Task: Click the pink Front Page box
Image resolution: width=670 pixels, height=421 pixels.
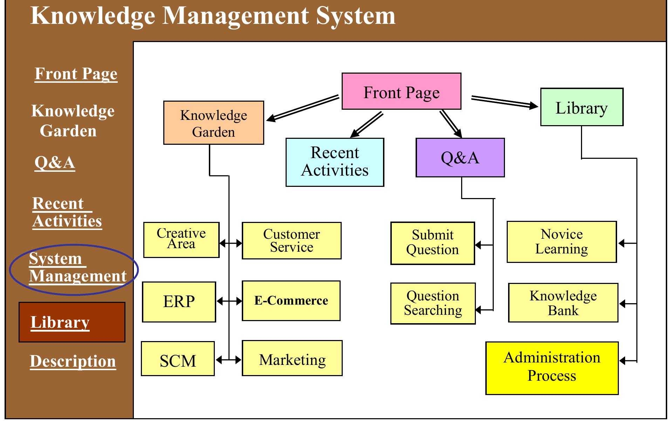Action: coord(401,91)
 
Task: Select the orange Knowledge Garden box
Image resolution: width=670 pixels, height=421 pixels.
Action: coord(213,123)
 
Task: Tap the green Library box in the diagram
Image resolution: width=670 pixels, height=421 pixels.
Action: coord(582,107)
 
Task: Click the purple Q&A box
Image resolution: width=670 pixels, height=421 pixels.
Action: coord(460,158)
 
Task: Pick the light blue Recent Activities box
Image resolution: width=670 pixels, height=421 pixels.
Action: coord(335,162)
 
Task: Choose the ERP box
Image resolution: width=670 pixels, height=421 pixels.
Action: coord(179,302)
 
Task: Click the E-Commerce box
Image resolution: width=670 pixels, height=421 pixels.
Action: coord(291,301)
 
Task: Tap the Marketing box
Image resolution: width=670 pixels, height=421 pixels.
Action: coord(292,358)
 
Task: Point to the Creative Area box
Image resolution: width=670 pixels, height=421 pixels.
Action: coord(181,240)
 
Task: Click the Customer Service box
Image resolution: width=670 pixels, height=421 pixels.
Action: coord(291,241)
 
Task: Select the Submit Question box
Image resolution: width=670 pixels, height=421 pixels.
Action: coord(432,243)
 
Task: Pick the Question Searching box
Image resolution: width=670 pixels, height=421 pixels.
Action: coord(433,304)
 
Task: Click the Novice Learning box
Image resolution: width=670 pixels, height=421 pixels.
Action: coord(561,242)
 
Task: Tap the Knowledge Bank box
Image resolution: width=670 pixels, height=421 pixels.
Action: coord(563,303)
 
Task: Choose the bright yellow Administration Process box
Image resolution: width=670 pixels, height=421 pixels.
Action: coord(552,368)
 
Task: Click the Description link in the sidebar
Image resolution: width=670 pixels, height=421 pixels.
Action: coord(73,361)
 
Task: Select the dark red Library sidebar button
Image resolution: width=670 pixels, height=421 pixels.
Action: coord(72,322)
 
